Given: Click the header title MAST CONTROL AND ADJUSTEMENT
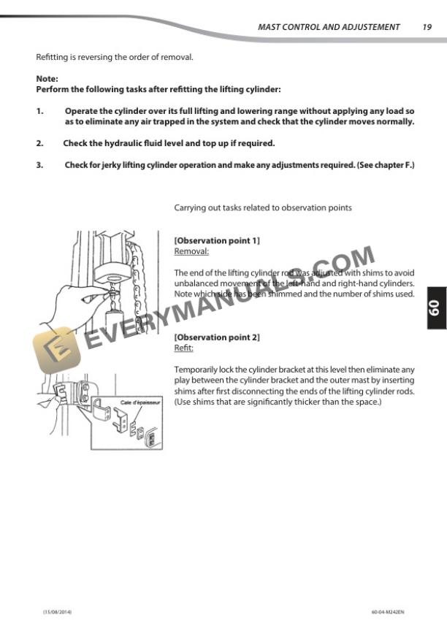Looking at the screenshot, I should (329, 27).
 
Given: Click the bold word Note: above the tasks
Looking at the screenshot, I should (47, 79).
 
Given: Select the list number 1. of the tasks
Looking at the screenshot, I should (40, 111).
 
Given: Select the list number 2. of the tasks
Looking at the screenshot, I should (40, 143).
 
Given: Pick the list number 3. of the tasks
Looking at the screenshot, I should (40, 165).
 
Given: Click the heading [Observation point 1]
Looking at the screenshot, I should (217, 240).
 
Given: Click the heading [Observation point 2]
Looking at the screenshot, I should (217, 337).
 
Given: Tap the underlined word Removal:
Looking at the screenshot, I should (191, 251).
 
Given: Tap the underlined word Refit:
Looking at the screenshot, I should (183, 348).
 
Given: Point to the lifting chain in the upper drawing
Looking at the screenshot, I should (137, 281).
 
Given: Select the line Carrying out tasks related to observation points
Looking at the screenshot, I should (262, 208).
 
